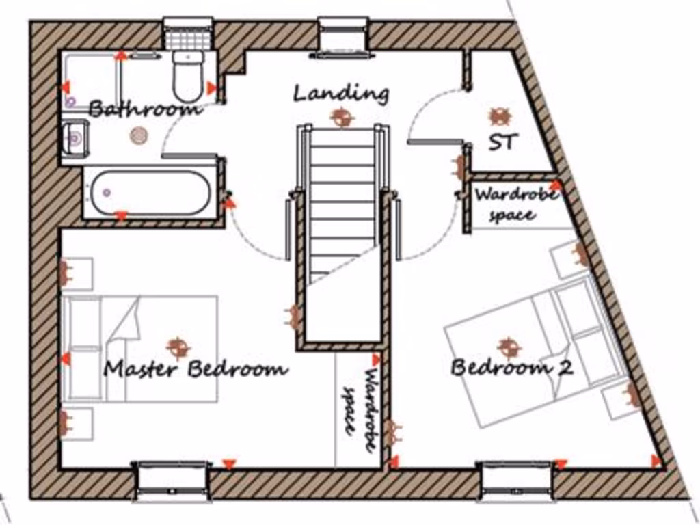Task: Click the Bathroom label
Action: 145,108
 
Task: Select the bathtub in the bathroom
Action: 150,192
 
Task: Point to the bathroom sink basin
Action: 74,139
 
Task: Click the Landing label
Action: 341,92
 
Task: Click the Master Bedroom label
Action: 195,370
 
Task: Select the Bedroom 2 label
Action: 511,368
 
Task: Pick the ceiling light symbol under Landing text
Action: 342,117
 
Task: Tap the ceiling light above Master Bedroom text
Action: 178,346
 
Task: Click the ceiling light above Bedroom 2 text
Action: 509,347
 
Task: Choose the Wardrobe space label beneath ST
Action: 515,204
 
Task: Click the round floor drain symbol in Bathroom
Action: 139,135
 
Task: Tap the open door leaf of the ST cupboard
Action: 435,142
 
